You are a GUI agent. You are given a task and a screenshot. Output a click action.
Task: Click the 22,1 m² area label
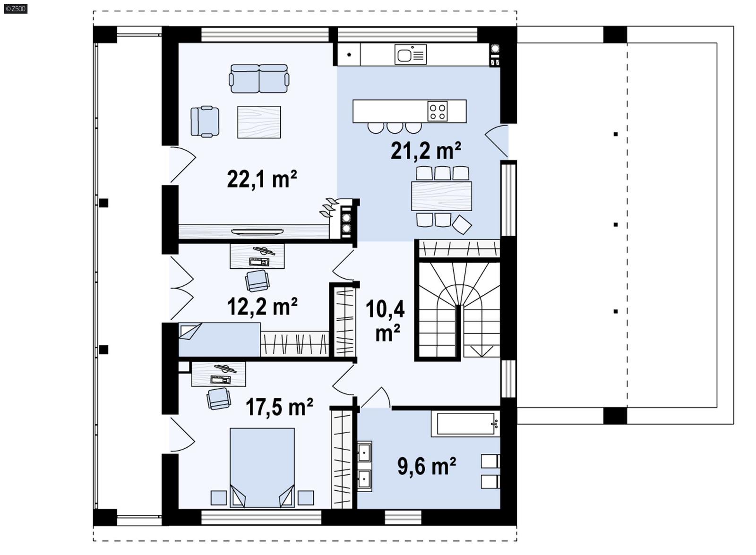pyautogui.click(x=262, y=179)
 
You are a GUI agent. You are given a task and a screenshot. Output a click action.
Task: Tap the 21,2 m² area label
pyautogui.click(x=425, y=151)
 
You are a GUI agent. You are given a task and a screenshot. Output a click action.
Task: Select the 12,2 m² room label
pyautogui.click(x=262, y=307)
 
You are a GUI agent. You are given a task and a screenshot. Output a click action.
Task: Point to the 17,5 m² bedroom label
pyautogui.click(x=279, y=407)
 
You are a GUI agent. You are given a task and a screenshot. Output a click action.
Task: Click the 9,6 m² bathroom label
pyautogui.click(x=426, y=467)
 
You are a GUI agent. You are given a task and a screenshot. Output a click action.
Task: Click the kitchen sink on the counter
pyautogui.click(x=410, y=55)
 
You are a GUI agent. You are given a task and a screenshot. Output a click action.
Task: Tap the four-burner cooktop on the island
pyautogui.click(x=437, y=111)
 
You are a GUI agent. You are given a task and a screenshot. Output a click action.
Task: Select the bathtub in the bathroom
pyautogui.click(x=465, y=424)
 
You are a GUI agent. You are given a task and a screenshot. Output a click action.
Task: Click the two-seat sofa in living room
pyautogui.click(x=259, y=78)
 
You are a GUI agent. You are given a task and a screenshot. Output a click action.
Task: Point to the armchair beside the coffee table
pyautogui.click(x=205, y=121)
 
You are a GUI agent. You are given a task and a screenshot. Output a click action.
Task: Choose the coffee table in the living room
pyautogui.click(x=259, y=122)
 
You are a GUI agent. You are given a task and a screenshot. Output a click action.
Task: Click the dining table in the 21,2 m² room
pyautogui.click(x=441, y=196)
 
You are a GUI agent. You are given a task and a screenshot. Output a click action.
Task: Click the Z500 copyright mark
pyautogui.click(x=15, y=8)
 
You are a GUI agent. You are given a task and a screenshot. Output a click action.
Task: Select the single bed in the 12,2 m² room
pyautogui.click(x=219, y=339)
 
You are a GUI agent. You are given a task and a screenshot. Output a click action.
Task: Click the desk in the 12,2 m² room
pyautogui.click(x=257, y=256)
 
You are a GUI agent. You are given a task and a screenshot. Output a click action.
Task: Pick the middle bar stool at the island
pyautogui.click(x=395, y=127)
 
